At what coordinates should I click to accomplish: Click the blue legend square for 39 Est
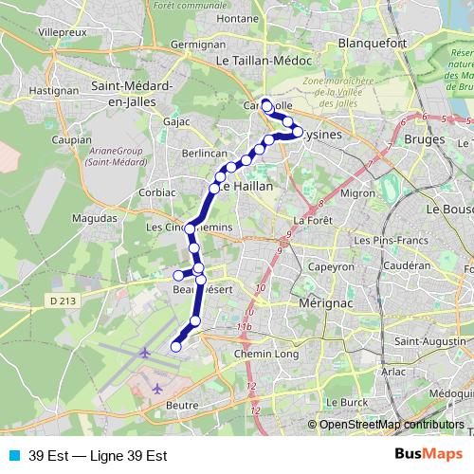click(x=12, y=454)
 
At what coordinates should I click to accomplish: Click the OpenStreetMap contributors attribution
click(x=392, y=424)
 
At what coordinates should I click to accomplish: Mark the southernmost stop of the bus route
click(x=175, y=347)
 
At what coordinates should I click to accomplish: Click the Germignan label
click(x=197, y=45)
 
